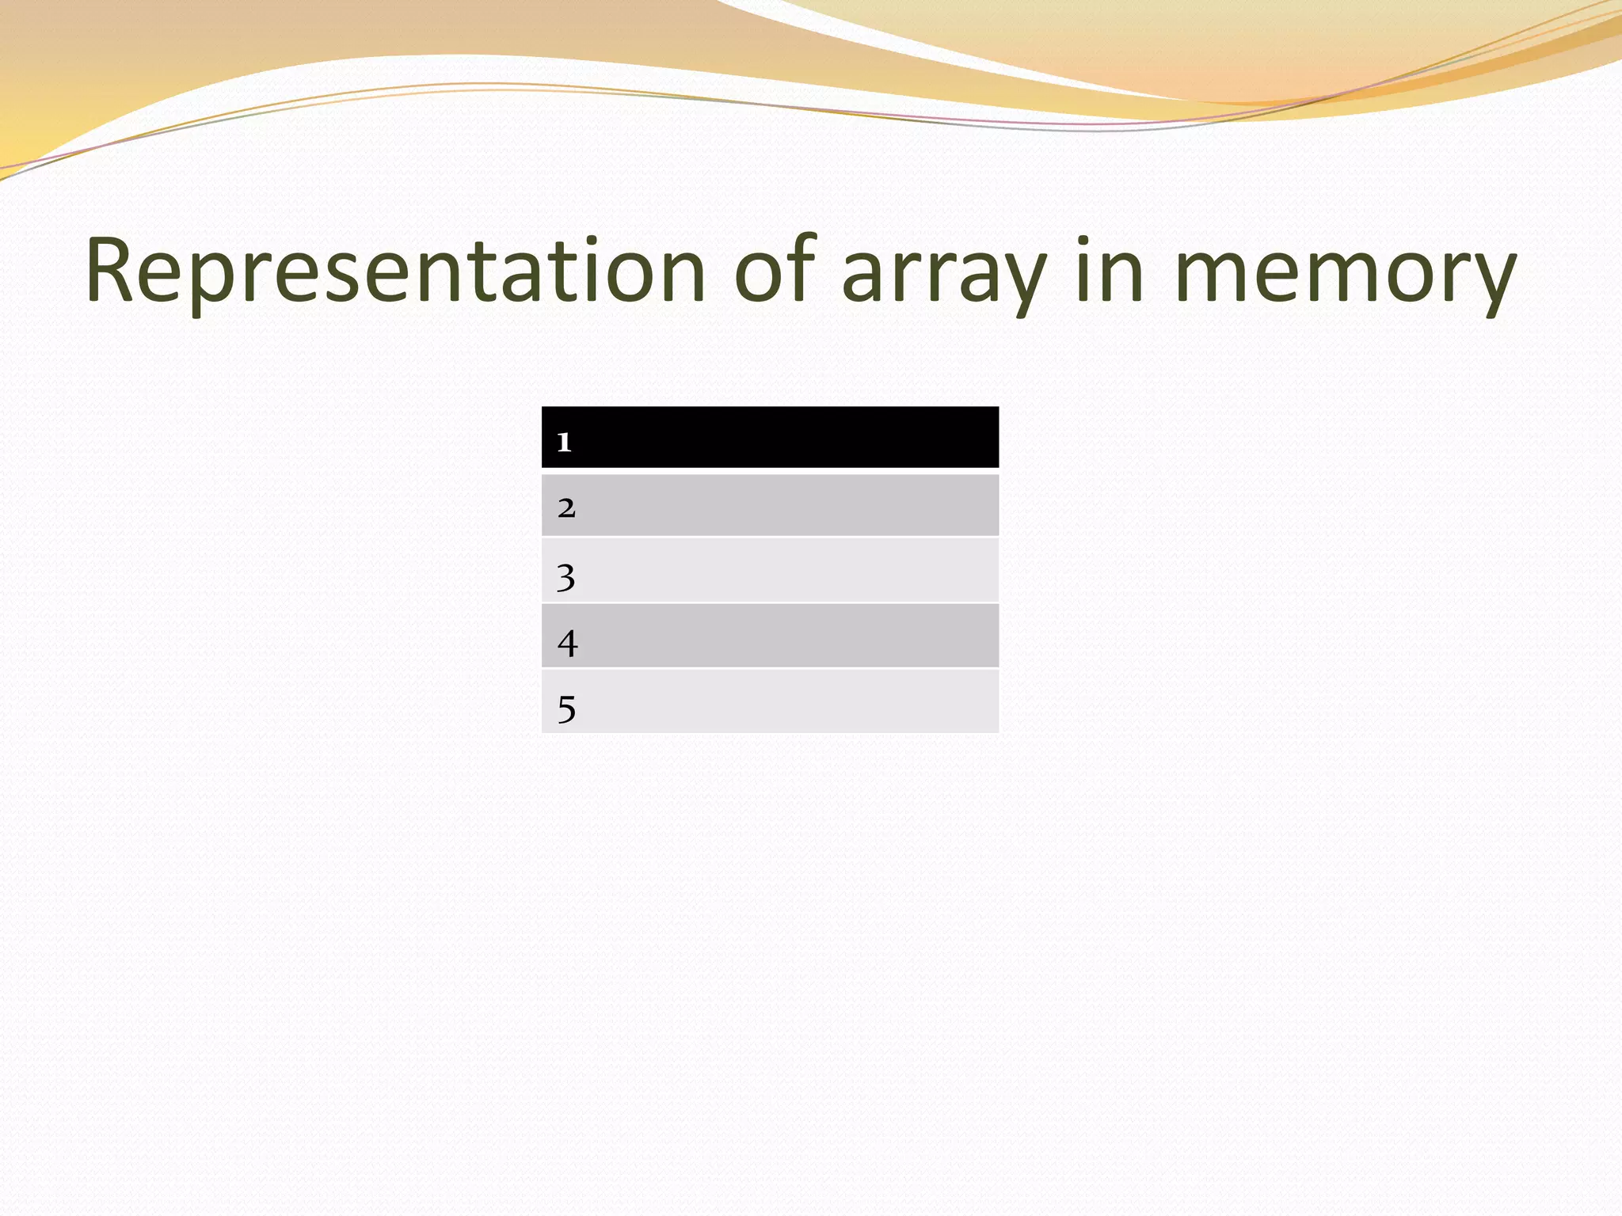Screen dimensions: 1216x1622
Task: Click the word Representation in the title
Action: pos(394,271)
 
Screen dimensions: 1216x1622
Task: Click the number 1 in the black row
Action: pos(564,441)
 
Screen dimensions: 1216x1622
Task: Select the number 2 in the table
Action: pos(566,507)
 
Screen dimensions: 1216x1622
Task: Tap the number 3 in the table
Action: pos(565,577)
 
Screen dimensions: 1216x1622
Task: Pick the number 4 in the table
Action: pos(567,643)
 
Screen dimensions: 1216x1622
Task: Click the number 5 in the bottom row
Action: pos(566,709)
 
